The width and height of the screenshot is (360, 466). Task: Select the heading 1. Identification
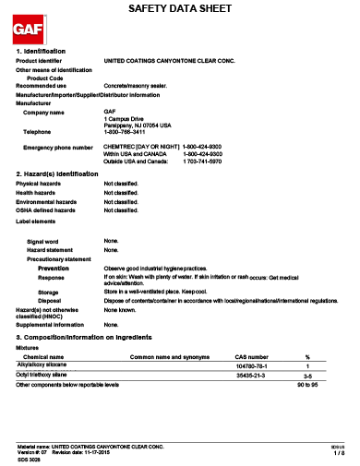[x=42, y=51]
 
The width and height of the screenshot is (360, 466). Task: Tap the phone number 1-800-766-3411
[x=126, y=131]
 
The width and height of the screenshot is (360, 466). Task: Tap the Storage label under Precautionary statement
[x=48, y=292]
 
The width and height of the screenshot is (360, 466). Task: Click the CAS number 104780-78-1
[x=252, y=366]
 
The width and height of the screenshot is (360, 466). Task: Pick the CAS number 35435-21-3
[x=251, y=376]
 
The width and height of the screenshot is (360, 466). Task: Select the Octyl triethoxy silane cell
[x=48, y=376]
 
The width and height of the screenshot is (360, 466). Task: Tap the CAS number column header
[x=251, y=356]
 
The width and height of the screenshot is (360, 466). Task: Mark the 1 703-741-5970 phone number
[x=202, y=161]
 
